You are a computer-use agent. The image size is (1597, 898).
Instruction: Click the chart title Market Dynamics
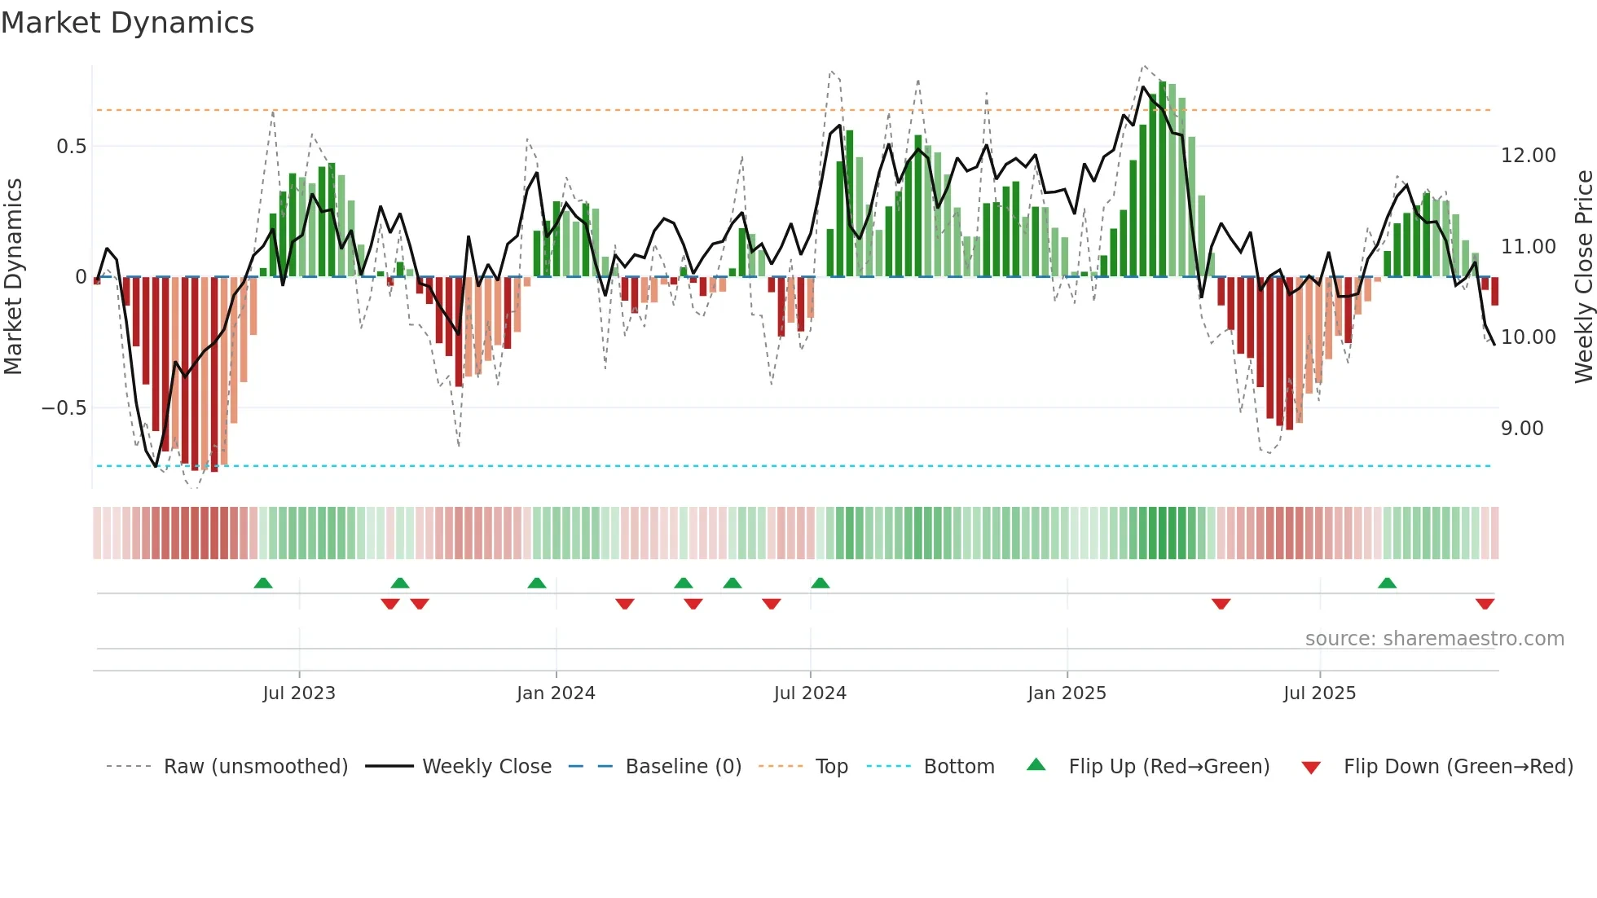point(128,23)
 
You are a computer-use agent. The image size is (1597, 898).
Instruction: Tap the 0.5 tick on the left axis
point(71,147)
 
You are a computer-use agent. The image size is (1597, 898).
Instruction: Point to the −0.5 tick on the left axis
point(64,408)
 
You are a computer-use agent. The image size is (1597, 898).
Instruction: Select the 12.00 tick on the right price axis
point(1528,156)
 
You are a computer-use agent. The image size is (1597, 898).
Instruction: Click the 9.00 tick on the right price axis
point(1521,429)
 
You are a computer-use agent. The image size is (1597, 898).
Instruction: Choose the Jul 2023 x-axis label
point(299,693)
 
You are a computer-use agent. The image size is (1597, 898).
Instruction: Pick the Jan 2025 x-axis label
point(1067,693)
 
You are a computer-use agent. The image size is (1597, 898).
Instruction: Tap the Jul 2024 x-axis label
point(810,693)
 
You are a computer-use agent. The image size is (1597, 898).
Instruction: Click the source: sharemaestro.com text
point(1434,639)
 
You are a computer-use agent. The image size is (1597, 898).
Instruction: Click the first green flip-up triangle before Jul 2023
point(263,583)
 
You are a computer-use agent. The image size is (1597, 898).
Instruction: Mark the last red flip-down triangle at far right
point(1485,604)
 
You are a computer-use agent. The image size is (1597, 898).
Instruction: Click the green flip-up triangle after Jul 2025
point(1387,583)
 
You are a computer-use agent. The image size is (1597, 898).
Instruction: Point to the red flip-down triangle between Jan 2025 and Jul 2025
point(1221,604)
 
